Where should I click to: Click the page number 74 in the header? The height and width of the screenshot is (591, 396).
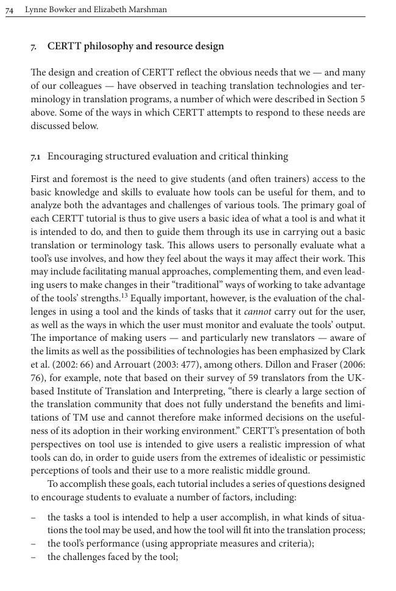tap(10, 10)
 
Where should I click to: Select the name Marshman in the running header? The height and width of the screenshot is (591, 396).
tap(146, 10)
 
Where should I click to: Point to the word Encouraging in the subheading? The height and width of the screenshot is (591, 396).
tap(75, 156)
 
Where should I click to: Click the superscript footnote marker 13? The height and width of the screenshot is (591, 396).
tap(124, 296)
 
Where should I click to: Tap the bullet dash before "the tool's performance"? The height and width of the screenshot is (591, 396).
tap(34, 544)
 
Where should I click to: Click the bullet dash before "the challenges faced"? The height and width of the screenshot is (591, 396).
tap(34, 557)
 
